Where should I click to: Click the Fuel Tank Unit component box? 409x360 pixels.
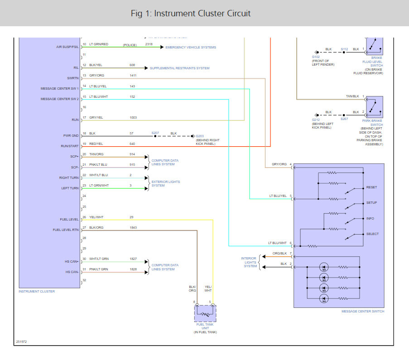point(205,313)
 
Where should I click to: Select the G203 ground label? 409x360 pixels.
point(200,136)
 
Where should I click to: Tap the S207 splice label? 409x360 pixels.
point(155,133)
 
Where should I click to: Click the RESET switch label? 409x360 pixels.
point(371,187)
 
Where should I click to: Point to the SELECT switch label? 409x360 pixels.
point(372,234)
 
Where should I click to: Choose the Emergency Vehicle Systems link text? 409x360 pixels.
point(191,48)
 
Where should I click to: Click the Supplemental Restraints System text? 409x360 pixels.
point(179,68)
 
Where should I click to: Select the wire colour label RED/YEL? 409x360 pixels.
point(96,144)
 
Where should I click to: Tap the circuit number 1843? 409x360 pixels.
point(133,228)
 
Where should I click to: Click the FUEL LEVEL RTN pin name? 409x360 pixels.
point(66,230)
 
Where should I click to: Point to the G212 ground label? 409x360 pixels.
point(316,120)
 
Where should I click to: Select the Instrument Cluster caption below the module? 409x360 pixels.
point(37,291)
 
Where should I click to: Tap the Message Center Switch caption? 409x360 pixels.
point(363,312)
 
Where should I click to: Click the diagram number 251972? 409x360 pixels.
point(21,342)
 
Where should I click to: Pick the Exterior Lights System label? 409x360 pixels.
point(166,184)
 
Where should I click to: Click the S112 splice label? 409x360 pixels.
point(344,49)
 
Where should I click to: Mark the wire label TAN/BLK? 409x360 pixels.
point(352,96)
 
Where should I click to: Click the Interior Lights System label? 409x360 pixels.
point(249,262)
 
